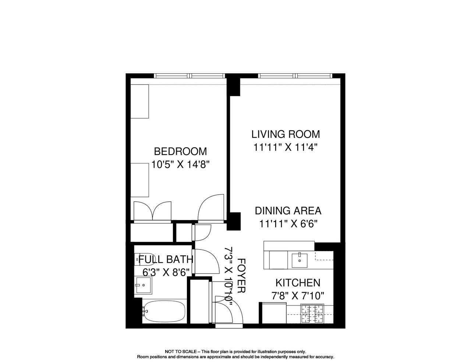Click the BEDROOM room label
[180, 151]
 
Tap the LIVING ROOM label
[286, 134]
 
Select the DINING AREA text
[288, 211]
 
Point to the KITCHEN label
[298, 283]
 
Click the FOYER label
[241, 275]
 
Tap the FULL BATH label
[166, 259]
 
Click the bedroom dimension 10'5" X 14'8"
[180, 164]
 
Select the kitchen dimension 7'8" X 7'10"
[298, 296]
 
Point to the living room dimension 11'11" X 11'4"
[286, 148]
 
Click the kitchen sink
[300, 260]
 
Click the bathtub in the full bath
[164, 311]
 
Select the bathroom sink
[143, 285]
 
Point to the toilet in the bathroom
[145, 259]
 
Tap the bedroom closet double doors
[153, 211]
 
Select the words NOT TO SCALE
[181, 351]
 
